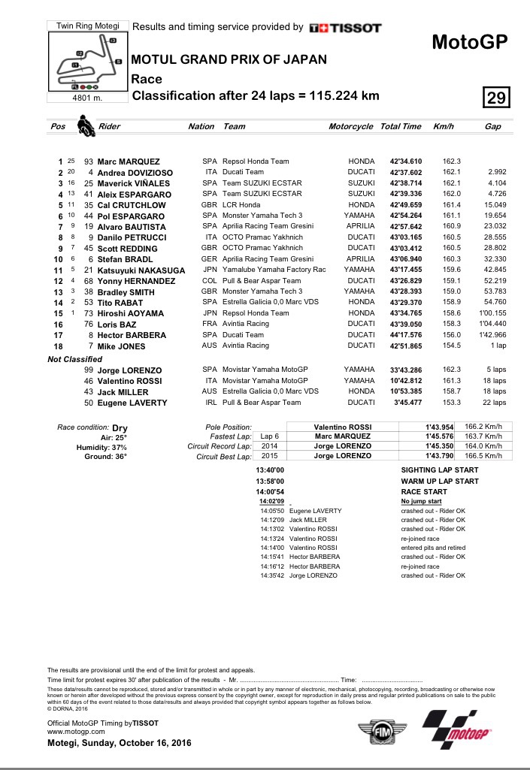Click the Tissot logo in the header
pos(346,28)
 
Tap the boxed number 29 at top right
pos(496,98)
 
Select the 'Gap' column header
pos(492,127)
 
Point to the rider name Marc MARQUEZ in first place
pos(128,162)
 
